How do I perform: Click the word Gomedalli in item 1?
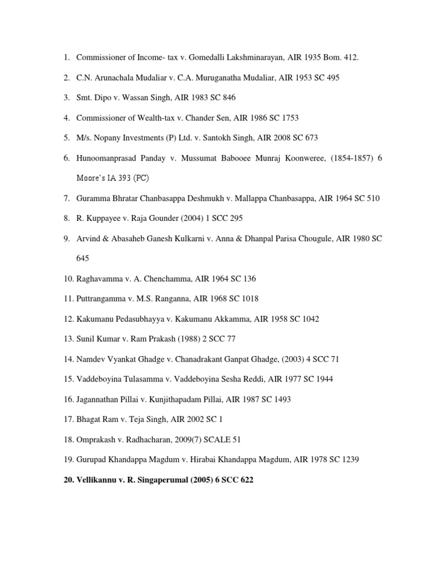[x=211, y=57]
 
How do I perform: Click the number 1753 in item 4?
[x=288, y=118]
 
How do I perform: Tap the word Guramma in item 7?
[x=94, y=198]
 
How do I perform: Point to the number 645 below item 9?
[x=83, y=259]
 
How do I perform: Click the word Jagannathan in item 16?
[x=99, y=400]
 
